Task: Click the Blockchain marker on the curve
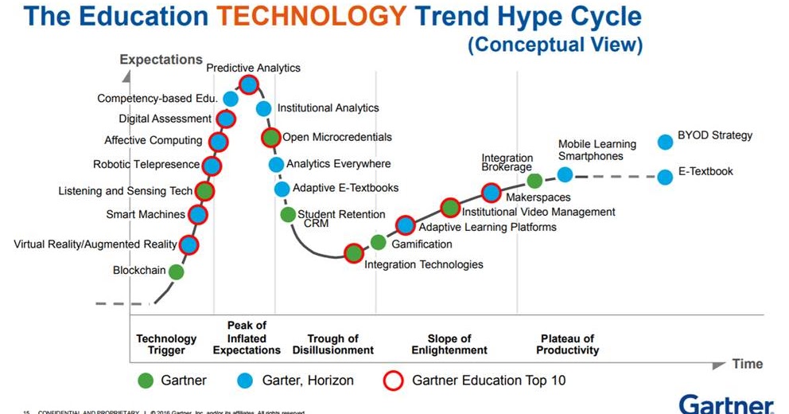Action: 177,271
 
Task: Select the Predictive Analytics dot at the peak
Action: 249,84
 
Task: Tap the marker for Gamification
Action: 378,243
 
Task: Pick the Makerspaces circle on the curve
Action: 492,192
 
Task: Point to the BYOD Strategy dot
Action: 666,143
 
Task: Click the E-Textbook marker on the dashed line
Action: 666,177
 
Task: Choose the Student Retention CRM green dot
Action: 288,214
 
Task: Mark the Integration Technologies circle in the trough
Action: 354,253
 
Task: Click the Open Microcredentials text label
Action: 337,137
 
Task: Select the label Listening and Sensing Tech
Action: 126,191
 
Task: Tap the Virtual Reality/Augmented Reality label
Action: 95,244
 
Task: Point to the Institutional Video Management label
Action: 538,212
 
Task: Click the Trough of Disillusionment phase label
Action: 332,344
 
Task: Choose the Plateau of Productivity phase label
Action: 567,344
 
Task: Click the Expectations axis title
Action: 161,60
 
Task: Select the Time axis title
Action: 748,364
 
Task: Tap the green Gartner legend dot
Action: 145,380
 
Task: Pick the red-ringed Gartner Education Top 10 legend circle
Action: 395,380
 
